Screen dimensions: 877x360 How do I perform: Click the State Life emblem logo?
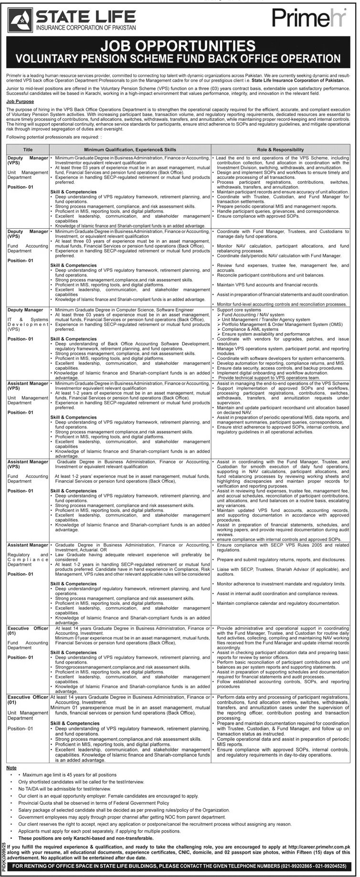(20, 21)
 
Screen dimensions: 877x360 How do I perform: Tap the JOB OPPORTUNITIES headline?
(180, 46)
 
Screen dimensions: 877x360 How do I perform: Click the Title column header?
(28, 150)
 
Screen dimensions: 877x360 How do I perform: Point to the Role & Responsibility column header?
(281, 150)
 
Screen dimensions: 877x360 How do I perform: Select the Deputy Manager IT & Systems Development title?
(28, 320)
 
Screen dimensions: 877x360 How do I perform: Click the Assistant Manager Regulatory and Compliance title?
(28, 559)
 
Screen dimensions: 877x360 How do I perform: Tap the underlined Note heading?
(11, 768)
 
